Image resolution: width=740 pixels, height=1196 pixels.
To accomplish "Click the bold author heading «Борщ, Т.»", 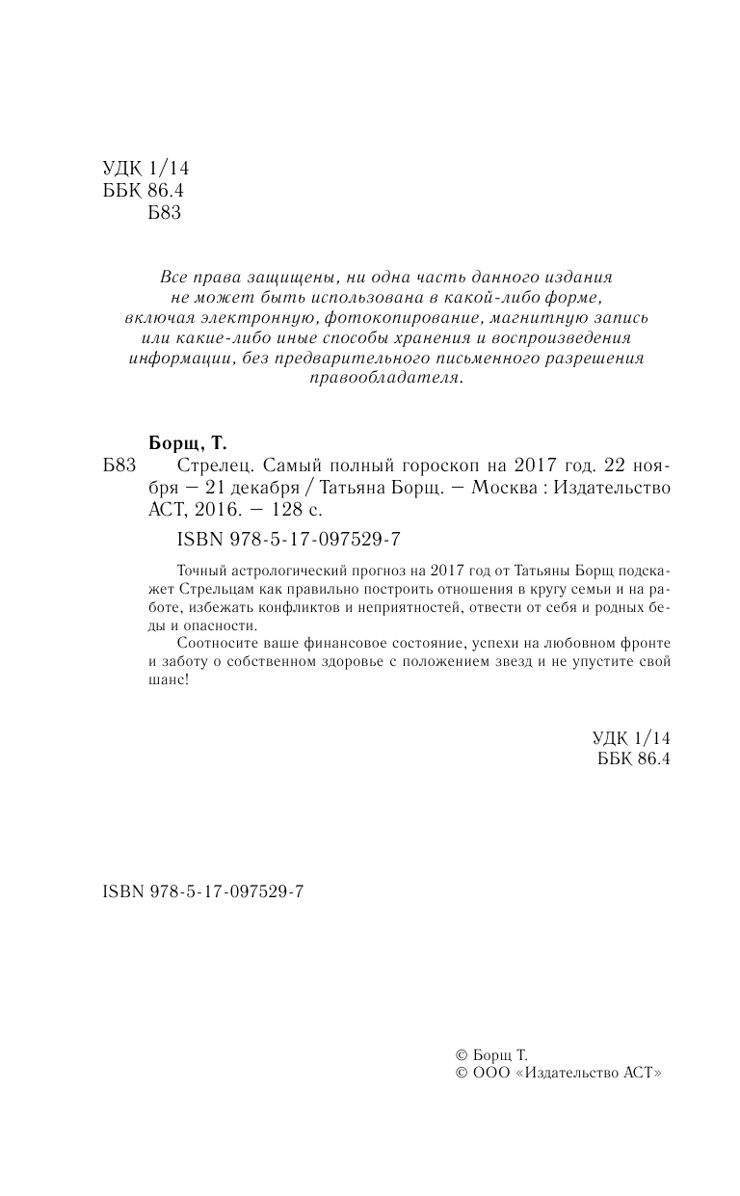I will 190,444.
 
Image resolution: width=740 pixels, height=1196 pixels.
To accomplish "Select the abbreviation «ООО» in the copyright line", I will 491,1073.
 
